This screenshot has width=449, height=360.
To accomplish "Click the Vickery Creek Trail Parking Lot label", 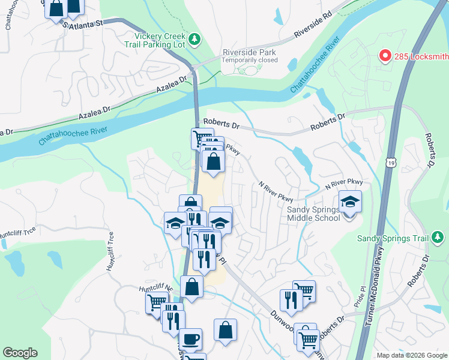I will (x=155, y=40).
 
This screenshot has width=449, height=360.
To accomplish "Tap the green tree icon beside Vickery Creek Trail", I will (x=194, y=40).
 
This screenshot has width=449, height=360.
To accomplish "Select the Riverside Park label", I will (x=250, y=52).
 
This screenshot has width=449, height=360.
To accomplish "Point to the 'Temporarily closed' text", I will (x=250, y=60).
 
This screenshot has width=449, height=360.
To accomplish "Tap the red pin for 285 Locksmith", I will (x=385, y=56).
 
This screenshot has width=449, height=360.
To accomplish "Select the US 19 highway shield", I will (x=391, y=163).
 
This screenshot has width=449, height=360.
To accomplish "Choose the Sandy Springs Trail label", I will (x=393, y=238).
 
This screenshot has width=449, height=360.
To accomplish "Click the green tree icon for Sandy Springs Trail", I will (x=438, y=238).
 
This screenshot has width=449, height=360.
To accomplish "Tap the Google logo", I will (x=20, y=353).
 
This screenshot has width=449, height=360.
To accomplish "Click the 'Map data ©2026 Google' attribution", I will (x=412, y=355).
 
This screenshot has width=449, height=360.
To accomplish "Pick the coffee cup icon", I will (x=191, y=338).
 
